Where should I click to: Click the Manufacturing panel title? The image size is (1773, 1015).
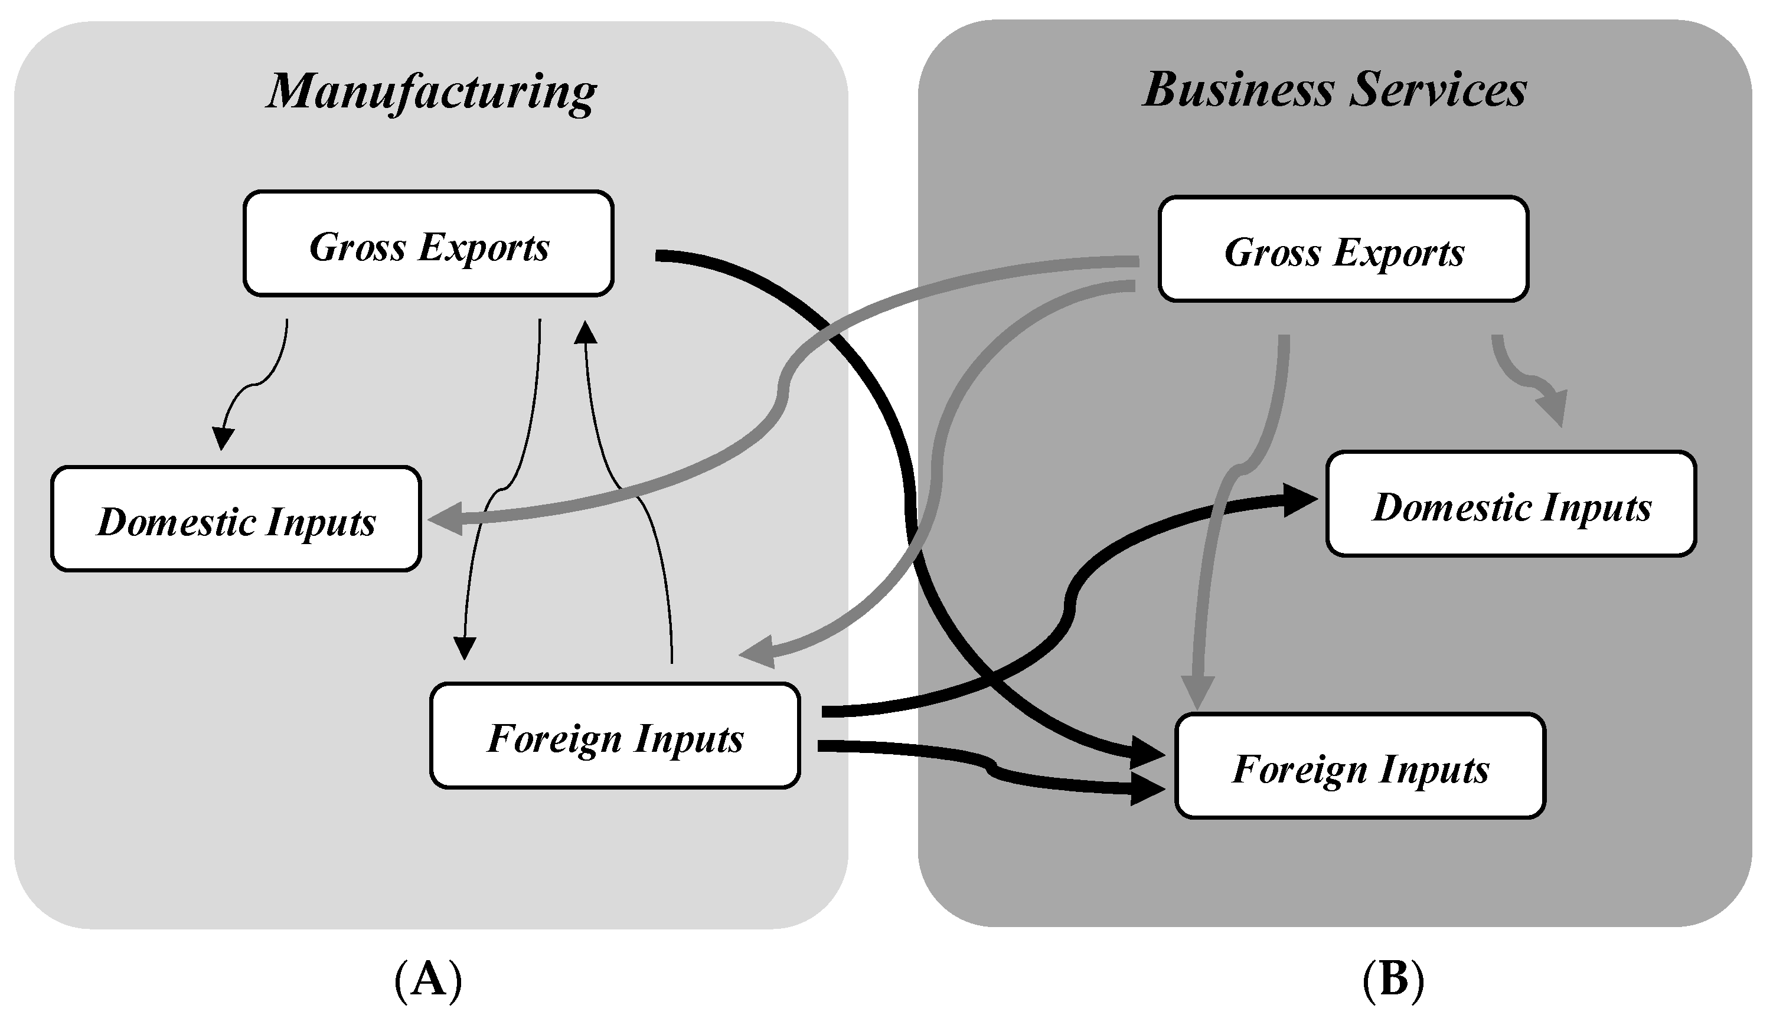point(431,92)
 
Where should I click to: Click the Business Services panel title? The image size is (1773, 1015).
point(1334,91)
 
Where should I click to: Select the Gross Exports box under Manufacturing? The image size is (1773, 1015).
point(428,244)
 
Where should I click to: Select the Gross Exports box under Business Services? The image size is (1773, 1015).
point(1343,250)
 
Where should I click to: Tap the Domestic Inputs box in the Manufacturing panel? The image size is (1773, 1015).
point(236,519)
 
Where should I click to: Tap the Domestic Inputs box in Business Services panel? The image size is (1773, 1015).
point(1511,505)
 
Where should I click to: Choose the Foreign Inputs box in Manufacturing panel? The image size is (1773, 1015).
point(615,736)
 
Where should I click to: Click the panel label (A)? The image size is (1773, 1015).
point(427,980)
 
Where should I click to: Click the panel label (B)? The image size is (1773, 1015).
point(1392,979)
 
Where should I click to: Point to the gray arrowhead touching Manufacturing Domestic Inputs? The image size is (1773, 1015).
point(445,519)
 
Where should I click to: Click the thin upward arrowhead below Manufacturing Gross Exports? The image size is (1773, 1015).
point(585,333)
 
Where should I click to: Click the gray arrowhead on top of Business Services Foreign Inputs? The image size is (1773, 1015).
point(1197,692)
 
